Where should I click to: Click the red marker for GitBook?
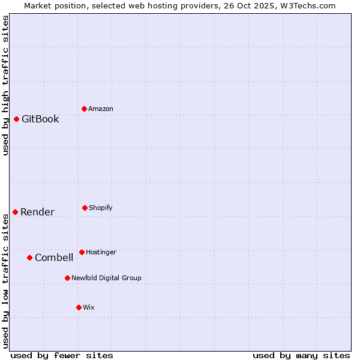pyautogui.click(x=16, y=119)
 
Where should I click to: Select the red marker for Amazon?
pyautogui.click(x=84, y=109)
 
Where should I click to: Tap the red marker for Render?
pyautogui.click(x=15, y=212)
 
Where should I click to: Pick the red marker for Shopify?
pyautogui.click(x=85, y=208)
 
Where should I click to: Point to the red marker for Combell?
pyautogui.click(x=29, y=257)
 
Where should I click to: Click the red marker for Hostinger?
pyautogui.click(x=82, y=252)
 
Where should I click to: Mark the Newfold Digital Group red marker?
pyautogui.click(x=67, y=278)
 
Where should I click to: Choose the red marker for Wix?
pyautogui.click(x=79, y=307)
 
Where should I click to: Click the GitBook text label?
pyautogui.click(x=40, y=119)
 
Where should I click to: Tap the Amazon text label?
pyautogui.click(x=101, y=109)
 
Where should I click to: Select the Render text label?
pyautogui.click(x=37, y=212)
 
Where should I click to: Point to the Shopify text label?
pyautogui.click(x=101, y=208)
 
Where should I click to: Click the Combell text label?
pyautogui.click(x=54, y=257)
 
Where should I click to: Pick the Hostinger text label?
pyautogui.click(x=101, y=252)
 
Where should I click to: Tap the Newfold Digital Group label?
pyautogui.click(x=106, y=278)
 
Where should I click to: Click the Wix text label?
pyautogui.click(x=89, y=307)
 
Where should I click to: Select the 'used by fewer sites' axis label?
pyautogui.click(x=62, y=355)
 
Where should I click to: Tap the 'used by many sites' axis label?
pyautogui.click(x=301, y=355)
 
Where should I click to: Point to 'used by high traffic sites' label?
pyautogui.click(x=6, y=85)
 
